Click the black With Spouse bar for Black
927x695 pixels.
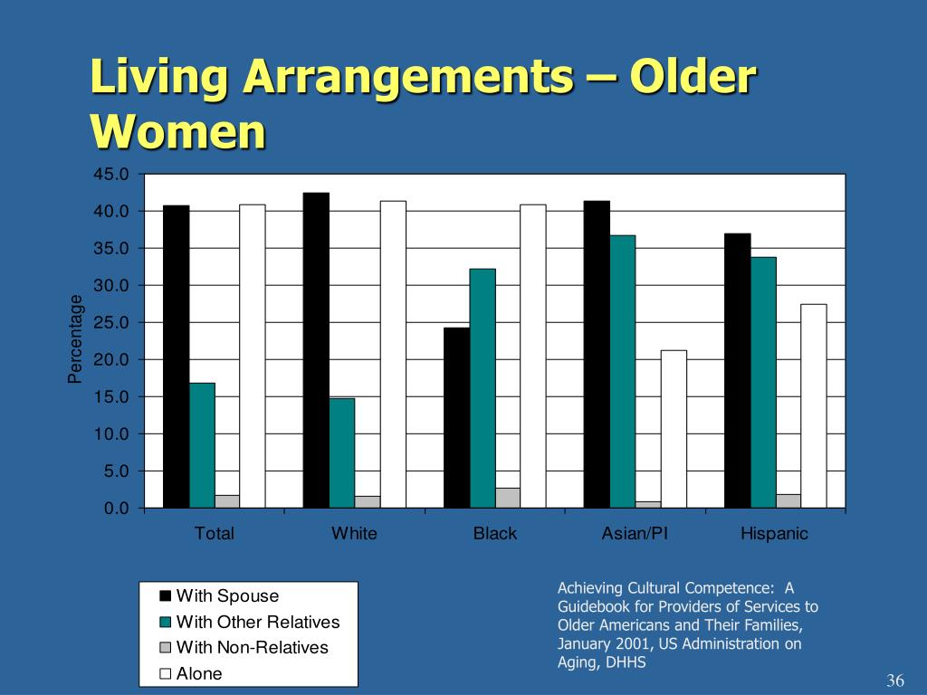click(x=456, y=417)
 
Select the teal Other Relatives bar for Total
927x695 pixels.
click(x=202, y=445)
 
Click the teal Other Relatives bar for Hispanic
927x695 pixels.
click(x=763, y=383)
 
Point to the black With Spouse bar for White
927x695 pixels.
click(x=316, y=350)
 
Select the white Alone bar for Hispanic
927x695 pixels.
click(x=813, y=405)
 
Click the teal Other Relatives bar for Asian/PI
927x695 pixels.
click(x=623, y=371)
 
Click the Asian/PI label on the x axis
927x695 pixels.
click(x=635, y=534)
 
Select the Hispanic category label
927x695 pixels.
click(x=774, y=534)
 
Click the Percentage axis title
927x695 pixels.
click(x=76, y=339)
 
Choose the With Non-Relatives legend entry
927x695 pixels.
click(x=252, y=648)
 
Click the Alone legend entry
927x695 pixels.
click(x=198, y=673)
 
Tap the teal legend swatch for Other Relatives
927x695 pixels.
click(x=165, y=623)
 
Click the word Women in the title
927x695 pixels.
click(x=178, y=132)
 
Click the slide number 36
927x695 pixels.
click(x=895, y=681)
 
